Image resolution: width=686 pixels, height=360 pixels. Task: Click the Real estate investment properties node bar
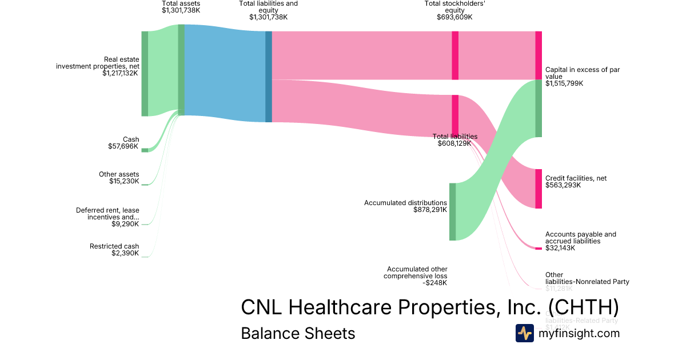(x=145, y=74)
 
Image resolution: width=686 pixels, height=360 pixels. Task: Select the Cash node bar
(x=145, y=150)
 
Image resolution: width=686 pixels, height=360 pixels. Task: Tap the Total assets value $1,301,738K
(x=181, y=10)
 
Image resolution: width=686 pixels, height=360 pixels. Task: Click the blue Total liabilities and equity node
(x=269, y=77)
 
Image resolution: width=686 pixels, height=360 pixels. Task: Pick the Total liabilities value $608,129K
(x=454, y=143)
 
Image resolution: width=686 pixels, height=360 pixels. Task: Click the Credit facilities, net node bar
(x=539, y=189)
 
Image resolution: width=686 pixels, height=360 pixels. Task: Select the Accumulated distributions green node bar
(x=452, y=211)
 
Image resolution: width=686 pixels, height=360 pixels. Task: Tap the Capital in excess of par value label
(x=583, y=73)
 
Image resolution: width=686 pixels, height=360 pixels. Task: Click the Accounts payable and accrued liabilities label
(x=581, y=238)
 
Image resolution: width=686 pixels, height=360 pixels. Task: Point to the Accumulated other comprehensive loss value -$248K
(x=435, y=283)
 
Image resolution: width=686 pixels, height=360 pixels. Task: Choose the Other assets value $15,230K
(x=124, y=181)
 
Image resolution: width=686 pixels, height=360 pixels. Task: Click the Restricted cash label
(x=114, y=246)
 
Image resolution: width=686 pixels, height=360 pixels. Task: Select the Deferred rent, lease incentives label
(x=107, y=214)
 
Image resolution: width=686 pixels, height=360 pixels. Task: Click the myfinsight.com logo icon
(x=525, y=333)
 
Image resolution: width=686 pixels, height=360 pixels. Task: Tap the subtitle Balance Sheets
(x=298, y=333)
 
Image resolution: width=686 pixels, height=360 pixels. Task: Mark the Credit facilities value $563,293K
(x=563, y=185)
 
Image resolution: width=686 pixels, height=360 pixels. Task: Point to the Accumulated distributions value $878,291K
(x=430, y=210)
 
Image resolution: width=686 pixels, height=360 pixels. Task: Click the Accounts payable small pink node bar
(x=539, y=248)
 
